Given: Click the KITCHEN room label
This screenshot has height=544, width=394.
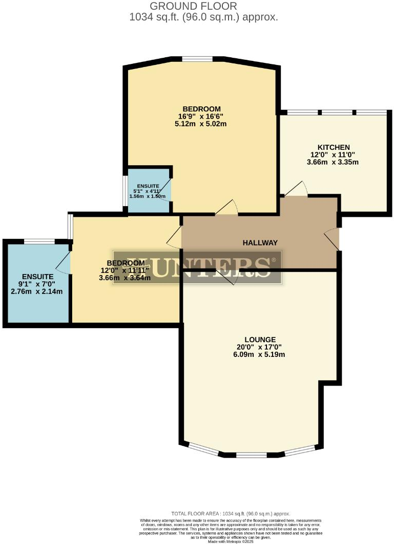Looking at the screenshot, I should [333, 147].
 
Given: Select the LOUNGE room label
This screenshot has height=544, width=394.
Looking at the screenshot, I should [260, 339].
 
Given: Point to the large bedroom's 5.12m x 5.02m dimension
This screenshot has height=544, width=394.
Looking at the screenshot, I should [202, 124].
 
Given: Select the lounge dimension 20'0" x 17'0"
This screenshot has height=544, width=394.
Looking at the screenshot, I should [260, 347].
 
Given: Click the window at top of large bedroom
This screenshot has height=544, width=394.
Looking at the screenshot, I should [197, 59].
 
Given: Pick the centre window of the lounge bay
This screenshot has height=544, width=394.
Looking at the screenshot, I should [251, 455].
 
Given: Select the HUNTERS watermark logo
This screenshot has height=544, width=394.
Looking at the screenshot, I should [197, 267].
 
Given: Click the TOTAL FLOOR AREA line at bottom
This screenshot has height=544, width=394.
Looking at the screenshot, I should [231, 513].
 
